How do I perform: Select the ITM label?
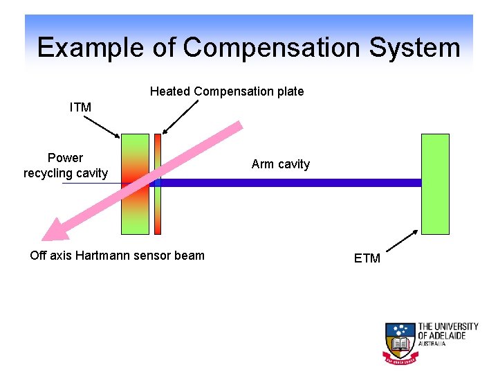point(80,107)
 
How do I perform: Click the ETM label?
point(367,258)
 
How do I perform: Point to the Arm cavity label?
point(281,164)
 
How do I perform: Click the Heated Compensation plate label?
point(227,91)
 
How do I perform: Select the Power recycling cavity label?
point(66,166)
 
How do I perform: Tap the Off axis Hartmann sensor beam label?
point(118,256)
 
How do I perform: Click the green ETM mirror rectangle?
point(435,184)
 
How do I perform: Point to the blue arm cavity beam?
point(290,183)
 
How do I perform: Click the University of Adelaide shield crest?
point(399,342)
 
